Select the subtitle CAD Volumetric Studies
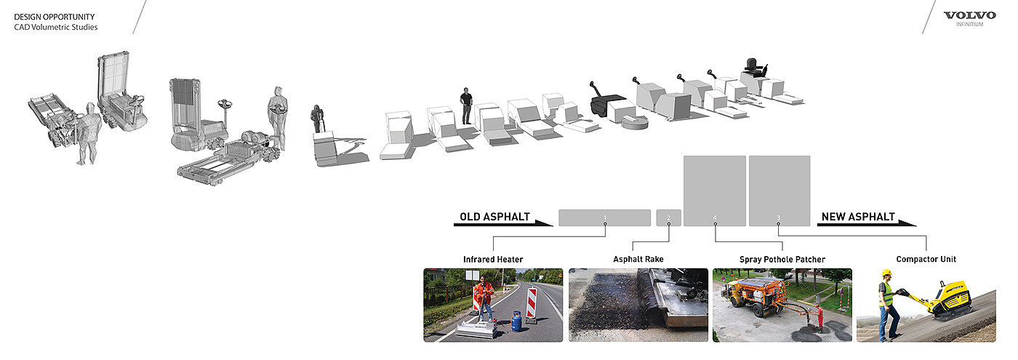pos(55,28)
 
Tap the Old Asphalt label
pos(494,217)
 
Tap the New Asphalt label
pos(858,217)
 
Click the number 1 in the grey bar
pos(604,217)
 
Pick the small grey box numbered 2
pos(668,217)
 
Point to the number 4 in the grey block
pos(715,217)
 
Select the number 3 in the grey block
pos(778,217)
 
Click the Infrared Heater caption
pos(493,259)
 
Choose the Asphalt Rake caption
pos(638,259)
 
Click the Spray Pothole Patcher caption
pos(782,259)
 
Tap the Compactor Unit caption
pos(926,259)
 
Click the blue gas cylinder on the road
pos(516,321)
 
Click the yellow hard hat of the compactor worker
pos(886,273)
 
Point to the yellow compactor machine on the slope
pos(945,299)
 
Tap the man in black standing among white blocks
pos(465,106)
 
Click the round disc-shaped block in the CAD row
pos(636,121)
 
